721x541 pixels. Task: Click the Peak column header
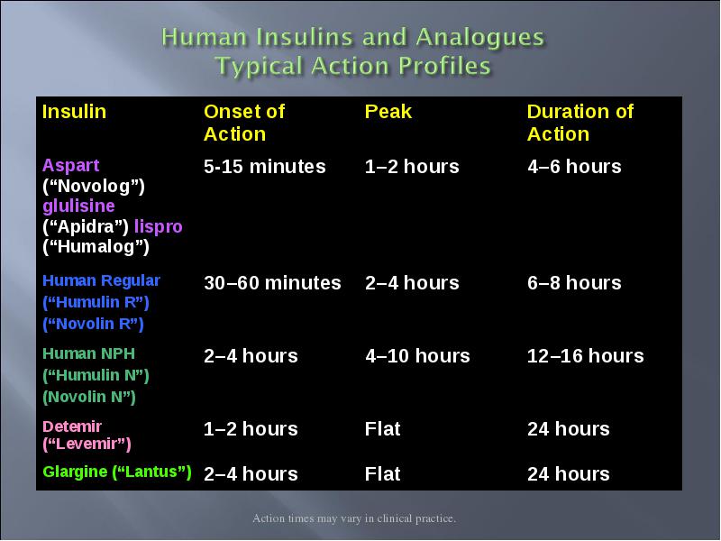coord(388,112)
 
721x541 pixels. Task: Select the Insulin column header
coord(74,112)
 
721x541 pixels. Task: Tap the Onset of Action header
coord(244,123)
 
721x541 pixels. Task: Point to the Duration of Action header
coord(580,123)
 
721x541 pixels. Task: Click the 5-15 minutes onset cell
coord(264,167)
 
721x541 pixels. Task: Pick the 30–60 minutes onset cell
coord(272,283)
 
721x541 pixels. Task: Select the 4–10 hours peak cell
coord(417,356)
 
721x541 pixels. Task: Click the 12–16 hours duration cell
coord(585,356)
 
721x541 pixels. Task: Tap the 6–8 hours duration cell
coord(574,283)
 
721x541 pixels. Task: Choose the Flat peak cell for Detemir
coord(382,429)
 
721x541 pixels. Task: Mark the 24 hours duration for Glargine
coord(569,474)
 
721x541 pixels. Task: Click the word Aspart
coord(71,166)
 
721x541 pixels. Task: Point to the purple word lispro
coord(159,226)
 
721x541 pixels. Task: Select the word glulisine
coord(78,206)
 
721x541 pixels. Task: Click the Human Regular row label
coord(101,280)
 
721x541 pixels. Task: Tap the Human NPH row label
coord(88,353)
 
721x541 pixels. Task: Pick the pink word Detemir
coord(72,426)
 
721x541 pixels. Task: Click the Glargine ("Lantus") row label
coord(117,472)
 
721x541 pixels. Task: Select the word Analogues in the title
coord(479,38)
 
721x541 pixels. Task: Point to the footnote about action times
coord(354,518)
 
